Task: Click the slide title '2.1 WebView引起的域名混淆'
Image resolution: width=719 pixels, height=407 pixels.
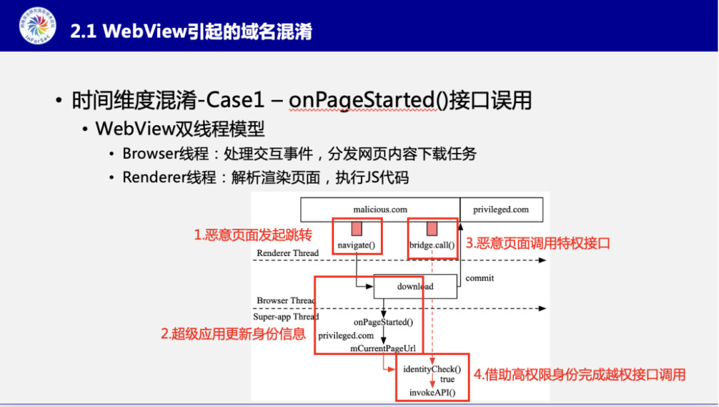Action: tap(191, 31)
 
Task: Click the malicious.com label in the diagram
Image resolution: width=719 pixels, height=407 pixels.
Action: tap(380, 209)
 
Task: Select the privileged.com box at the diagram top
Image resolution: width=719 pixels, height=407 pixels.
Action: tap(501, 209)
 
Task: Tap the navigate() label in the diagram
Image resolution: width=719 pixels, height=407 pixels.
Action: tap(357, 245)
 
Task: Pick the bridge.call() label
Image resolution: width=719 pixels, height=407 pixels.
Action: tap(432, 245)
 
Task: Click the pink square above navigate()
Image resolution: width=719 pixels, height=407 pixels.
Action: tap(357, 229)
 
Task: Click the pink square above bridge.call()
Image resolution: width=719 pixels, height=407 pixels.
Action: tap(432, 229)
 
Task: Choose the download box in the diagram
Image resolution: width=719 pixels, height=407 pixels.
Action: tap(415, 287)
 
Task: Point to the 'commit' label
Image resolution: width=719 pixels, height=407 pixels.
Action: tap(479, 278)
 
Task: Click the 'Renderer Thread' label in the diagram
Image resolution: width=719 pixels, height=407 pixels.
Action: tap(288, 253)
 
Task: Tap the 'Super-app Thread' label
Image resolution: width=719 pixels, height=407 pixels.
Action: tap(286, 317)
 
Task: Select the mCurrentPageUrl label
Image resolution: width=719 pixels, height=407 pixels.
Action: tap(383, 348)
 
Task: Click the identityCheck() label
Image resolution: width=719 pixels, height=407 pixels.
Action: tap(431, 368)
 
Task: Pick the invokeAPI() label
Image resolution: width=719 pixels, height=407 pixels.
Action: tap(432, 392)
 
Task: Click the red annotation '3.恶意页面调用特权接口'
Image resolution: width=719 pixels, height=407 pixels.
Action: tap(537, 244)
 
